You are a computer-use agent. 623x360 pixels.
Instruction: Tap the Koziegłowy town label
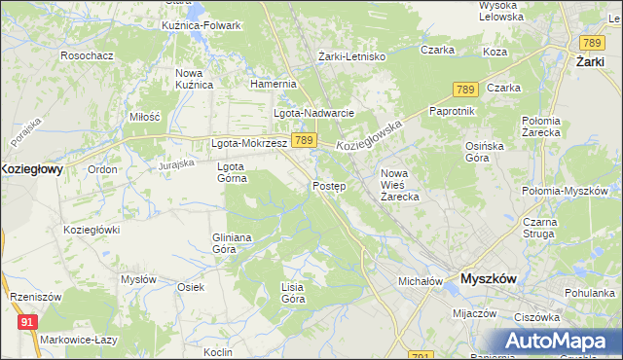tap(31, 168)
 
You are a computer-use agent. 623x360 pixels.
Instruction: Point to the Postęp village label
tap(329, 186)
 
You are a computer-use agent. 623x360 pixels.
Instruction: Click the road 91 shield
tap(27, 320)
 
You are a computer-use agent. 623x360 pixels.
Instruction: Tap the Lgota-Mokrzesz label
tap(248, 143)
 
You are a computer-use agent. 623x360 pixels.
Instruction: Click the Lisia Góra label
tap(293, 293)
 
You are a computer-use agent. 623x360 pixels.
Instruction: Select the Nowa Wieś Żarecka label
tap(399, 185)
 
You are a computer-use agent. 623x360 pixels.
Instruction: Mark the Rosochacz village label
tap(87, 56)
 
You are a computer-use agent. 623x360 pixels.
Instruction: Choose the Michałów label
tap(421, 281)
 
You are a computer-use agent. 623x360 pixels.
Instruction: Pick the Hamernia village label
tap(273, 85)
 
